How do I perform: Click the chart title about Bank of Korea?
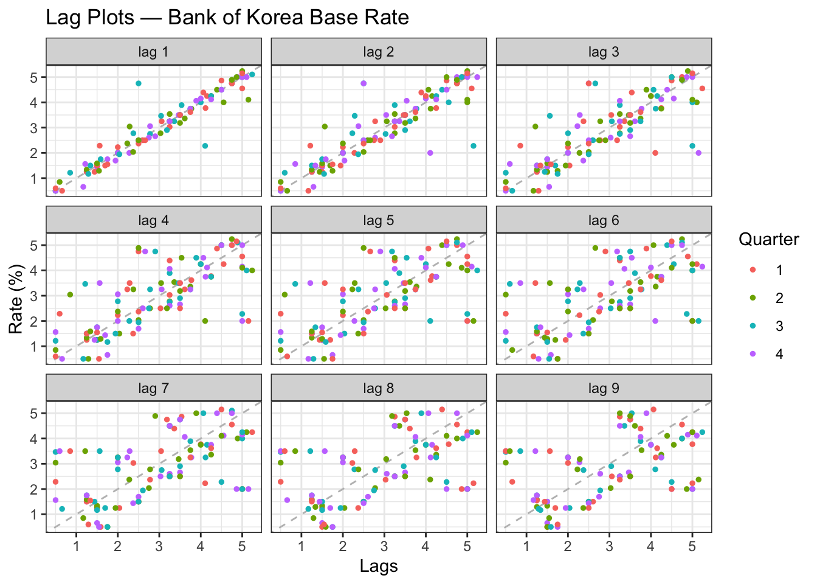(x=227, y=17)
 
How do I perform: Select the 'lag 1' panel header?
(x=154, y=52)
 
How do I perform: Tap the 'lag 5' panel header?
(x=379, y=220)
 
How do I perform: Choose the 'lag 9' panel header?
(x=604, y=388)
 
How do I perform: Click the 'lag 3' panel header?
(x=604, y=52)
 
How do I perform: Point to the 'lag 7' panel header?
(x=154, y=388)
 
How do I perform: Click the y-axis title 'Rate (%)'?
(x=16, y=299)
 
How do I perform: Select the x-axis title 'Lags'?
(x=379, y=566)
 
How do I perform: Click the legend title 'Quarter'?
(x=768, y=240)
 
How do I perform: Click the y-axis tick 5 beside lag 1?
(x=35, y=77)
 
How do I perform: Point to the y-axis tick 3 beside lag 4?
(x=35, y=296)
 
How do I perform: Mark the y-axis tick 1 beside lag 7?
(x=35, y=515)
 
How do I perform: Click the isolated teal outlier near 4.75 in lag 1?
(x=139, y=83)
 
